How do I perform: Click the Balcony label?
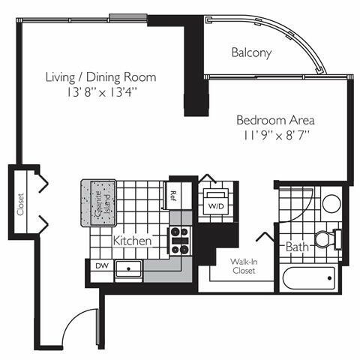click(x=250, y=53)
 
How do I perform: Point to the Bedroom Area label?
click(x=275, y=120)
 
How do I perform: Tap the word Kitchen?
click(x=133, y=241)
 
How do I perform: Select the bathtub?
click(x=311, y=279)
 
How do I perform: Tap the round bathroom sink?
click(x=331, y=204)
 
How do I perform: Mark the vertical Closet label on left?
click(x=20, y=203)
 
